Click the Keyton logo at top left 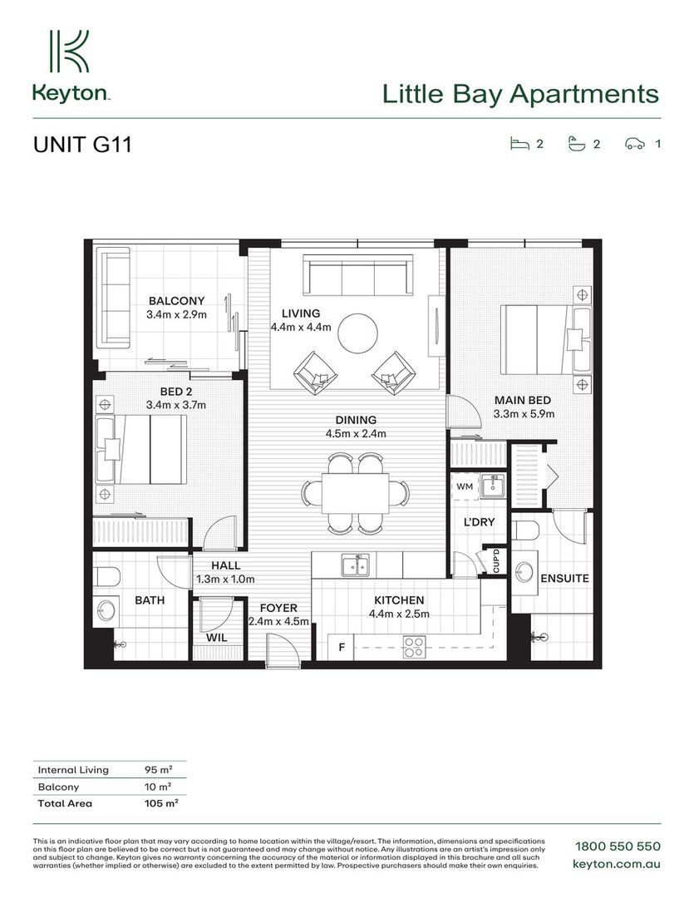click(x=71, y=67)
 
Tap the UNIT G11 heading click(x=82, y=145)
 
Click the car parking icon click(x=634, y=144)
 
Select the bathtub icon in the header click(x=577, y=144)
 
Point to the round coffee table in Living click(x=357, y=333)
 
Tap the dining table click(x=355, y=493)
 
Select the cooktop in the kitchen click(x=414, y=647)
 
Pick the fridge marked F click(x=342, y=647)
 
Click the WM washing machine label click(x=465, y=486)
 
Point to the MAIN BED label click(x=522, y=400)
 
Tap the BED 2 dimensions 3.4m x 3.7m click(x=176, y=405)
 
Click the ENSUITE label click(x=564, y=579)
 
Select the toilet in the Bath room click(x=106, y=577)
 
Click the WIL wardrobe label click(x=216, y=638)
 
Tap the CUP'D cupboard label click(x=496, y=560)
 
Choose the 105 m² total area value click(x=161, y=803)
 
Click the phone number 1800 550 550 click(x=618, y=846)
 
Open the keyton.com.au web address click(x=616, y=864)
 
